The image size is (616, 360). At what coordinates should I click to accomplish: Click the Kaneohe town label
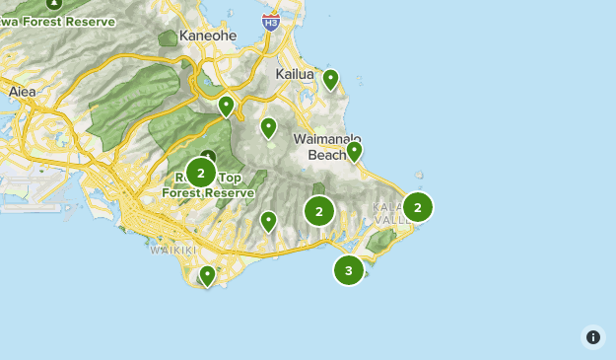[x=208, y=36]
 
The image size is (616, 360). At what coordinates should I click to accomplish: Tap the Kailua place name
[x=294, y=74]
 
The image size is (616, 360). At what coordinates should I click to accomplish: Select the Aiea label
[x=21, y=92]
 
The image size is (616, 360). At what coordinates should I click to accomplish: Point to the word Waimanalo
[x=327, y=140]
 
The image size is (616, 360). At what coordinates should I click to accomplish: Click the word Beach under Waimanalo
[x=326, y=155]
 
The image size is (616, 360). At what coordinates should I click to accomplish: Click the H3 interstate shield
[x=271, y=21]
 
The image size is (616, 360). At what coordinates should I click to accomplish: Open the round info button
[x=592, y=337]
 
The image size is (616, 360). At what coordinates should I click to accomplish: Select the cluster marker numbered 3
[x=349, y=269]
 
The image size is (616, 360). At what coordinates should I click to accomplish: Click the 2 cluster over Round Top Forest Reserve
[x=201, y=174]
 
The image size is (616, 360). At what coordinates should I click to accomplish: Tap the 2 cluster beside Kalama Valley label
[x=418, y=206]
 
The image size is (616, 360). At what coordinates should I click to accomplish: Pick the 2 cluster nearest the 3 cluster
[x=319, y=210]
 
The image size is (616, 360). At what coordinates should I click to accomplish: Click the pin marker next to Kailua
[x=331, y=79]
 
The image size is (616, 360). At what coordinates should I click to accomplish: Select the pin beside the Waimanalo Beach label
[x=354, y=151]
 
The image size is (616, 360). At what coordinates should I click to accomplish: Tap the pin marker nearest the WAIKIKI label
[x=207, y=275]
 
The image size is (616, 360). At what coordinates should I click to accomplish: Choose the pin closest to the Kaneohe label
[x=227, y=105]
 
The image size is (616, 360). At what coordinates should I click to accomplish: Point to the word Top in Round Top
[x=228, y=179]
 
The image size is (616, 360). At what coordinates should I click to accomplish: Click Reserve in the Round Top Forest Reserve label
[x=232, y=193]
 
